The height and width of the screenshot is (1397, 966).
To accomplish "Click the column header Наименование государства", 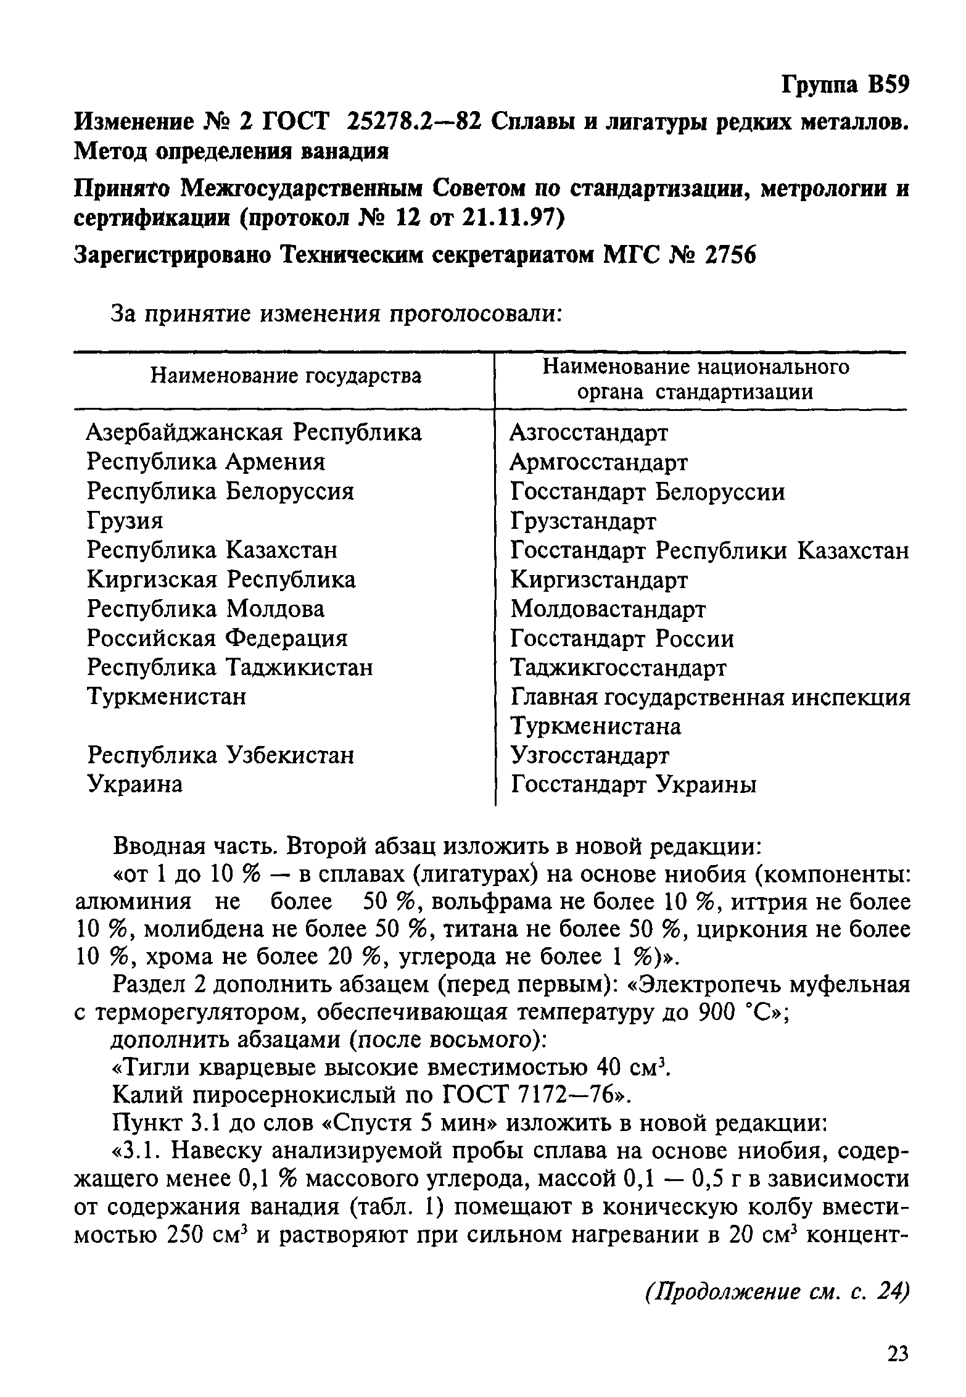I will pos(286,376).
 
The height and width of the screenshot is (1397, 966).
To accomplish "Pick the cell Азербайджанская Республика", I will pos(254,433).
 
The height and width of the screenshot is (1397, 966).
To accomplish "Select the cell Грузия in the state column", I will pos(125,521).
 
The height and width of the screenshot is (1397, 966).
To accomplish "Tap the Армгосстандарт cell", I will pos(598,462).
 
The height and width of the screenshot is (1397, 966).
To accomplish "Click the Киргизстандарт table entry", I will pos(598,580).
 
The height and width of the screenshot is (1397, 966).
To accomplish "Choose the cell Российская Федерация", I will pos(217,638).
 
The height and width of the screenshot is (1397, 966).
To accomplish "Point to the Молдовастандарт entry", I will pos(608,610).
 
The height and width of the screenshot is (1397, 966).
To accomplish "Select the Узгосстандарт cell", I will pos(590,756).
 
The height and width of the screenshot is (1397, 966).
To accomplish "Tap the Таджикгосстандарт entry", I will pos(618,668).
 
